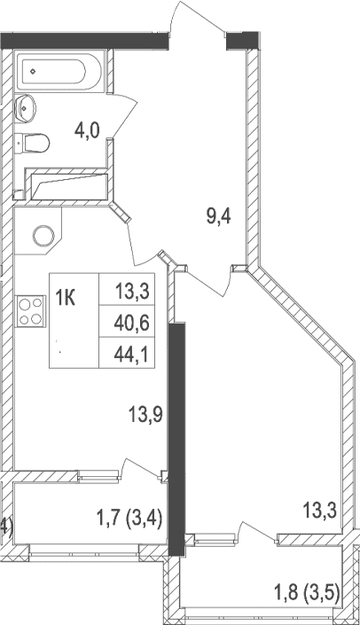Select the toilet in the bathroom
[33, 141]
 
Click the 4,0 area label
[86, 132]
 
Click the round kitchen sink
[44, 236]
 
